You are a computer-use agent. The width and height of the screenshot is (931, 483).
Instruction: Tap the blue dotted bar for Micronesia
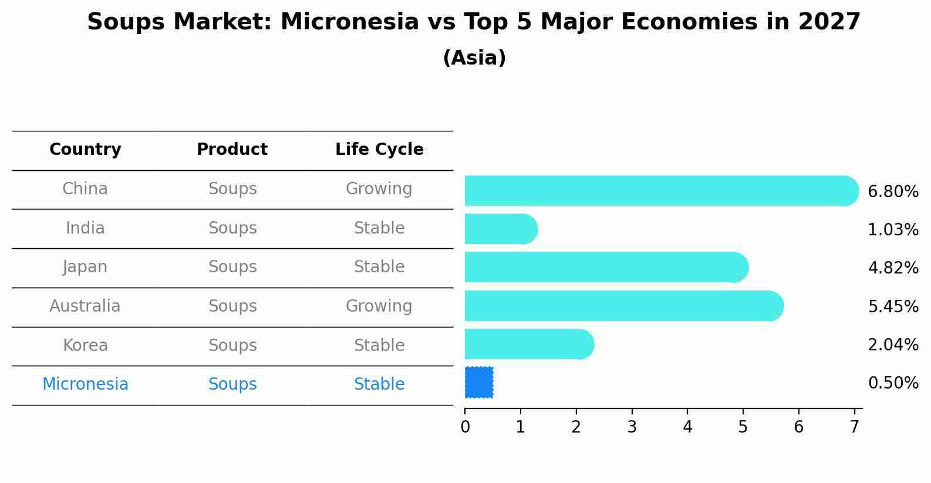pyautogui.click(x=479, y=383)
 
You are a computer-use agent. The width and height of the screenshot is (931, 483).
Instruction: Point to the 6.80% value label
pyautogui.click(x=893, y=192)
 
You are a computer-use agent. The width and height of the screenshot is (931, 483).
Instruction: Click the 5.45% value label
pyautogui.click(x=893, y=306)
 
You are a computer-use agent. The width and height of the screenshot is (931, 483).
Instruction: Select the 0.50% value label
pyautogui.click(x=893, y=383)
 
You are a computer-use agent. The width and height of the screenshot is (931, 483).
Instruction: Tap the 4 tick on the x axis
pyautogui.click(x=687, y=427)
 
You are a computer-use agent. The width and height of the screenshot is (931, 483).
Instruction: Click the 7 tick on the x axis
pyautogui.click(x=854, y=427)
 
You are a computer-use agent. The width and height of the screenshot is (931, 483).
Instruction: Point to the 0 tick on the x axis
pyautogui.click(x=465, y=427)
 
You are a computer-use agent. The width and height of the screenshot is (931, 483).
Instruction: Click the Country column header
pyautogui.click(x=85, y=150)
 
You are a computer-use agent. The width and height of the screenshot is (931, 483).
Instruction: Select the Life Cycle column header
pyautogui.click(x=379, y=150)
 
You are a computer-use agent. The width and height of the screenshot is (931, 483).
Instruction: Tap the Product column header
pyautogui.click(x=232, y=150)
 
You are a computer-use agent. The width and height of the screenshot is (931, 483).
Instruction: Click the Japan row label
pyautogui.click(x=85, y=267)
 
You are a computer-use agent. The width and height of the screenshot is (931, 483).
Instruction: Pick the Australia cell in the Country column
pyautogui.click(x=85, y=306)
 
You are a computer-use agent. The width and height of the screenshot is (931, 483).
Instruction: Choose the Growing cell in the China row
pyautogui.click(x=379, y=189)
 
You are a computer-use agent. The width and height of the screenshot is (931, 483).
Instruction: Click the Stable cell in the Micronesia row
pyautogui.click(x=379, y=384)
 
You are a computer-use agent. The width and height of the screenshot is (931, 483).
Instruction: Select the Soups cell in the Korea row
pyautogui.click(x=232, y=346)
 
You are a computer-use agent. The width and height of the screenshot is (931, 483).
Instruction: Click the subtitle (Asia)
pyautogui.click(x=474, y=58)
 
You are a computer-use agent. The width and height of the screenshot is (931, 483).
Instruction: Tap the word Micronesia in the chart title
pyautogui.click(x=349, y=22)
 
